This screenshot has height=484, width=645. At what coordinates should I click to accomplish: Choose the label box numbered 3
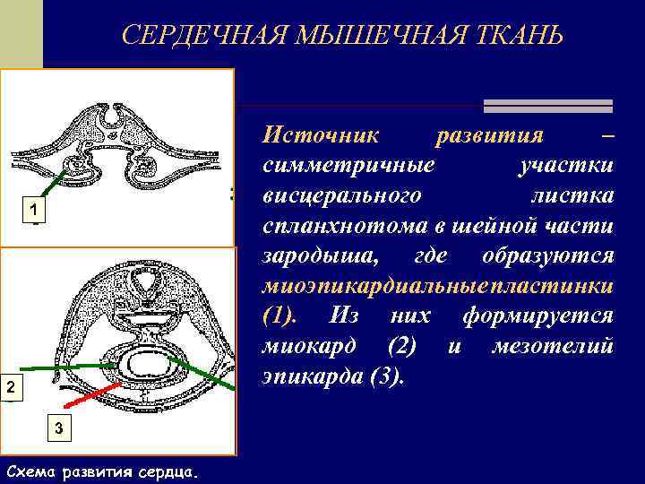click(x=58, y=428)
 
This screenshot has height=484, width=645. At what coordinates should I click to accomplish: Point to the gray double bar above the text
click(x=546, y=106)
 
